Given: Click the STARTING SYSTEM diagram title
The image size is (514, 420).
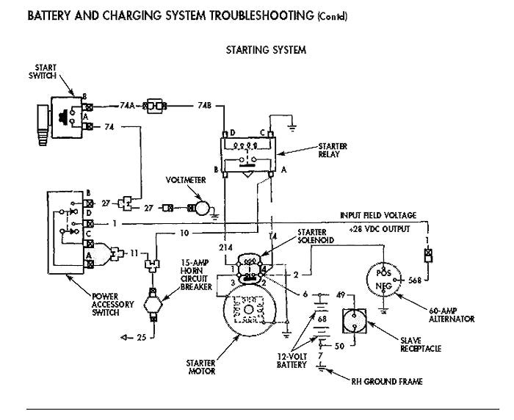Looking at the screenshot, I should tap(267, 51).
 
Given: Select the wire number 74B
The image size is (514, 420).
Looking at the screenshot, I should tap(205, 106).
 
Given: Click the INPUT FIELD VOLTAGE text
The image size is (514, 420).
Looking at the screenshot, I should tap(377, 215).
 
